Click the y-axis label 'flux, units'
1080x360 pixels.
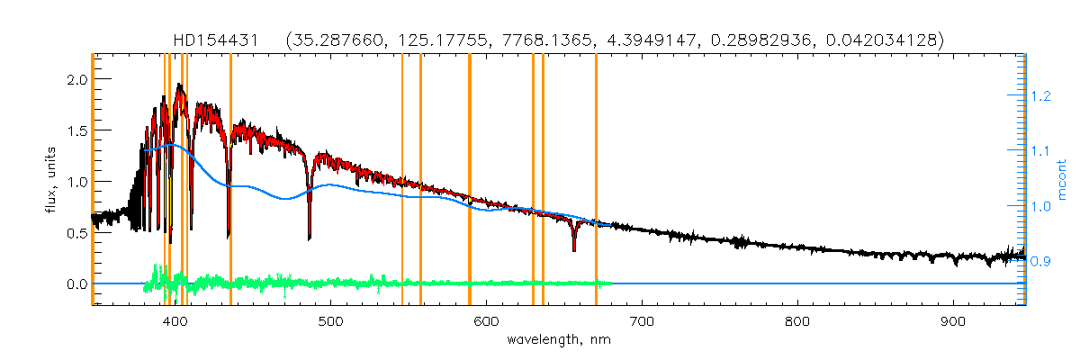(50, 179)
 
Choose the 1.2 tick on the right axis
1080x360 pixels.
(1041, 95)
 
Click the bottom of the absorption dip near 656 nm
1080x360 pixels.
(573, 250)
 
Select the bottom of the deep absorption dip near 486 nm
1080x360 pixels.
(310, 238)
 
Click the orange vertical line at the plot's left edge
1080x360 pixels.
(94, 180)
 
